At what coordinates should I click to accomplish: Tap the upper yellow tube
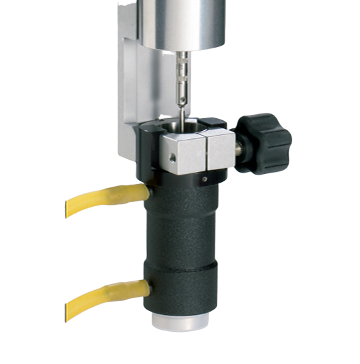point(107,199)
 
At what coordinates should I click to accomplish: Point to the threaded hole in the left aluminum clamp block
point(172,158)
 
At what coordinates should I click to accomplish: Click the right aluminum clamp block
point(219,149)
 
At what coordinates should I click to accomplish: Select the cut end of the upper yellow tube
point(68,209)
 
